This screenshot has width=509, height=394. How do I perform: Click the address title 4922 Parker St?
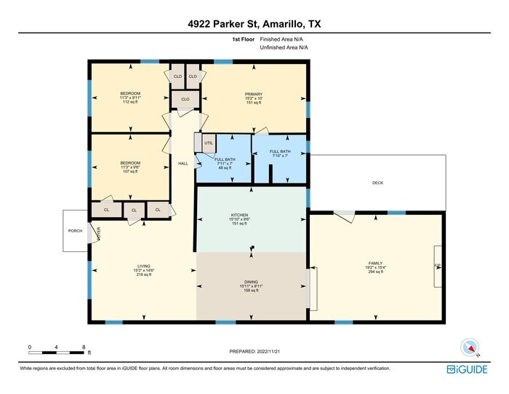point(254,24)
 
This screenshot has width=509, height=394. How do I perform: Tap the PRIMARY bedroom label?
point(253,94)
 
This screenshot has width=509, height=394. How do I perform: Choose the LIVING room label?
point(143,266)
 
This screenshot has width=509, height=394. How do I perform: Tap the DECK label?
point(377,184)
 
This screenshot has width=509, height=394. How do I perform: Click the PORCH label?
point(75,230)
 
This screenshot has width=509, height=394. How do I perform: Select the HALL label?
point(183,163)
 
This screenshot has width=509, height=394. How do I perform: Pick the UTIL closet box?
point(208,143)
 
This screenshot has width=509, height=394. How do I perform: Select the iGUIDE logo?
point(467,369)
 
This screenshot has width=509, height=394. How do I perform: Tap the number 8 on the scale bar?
point(84,347)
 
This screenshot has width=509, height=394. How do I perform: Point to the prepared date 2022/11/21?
point(254,352)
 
